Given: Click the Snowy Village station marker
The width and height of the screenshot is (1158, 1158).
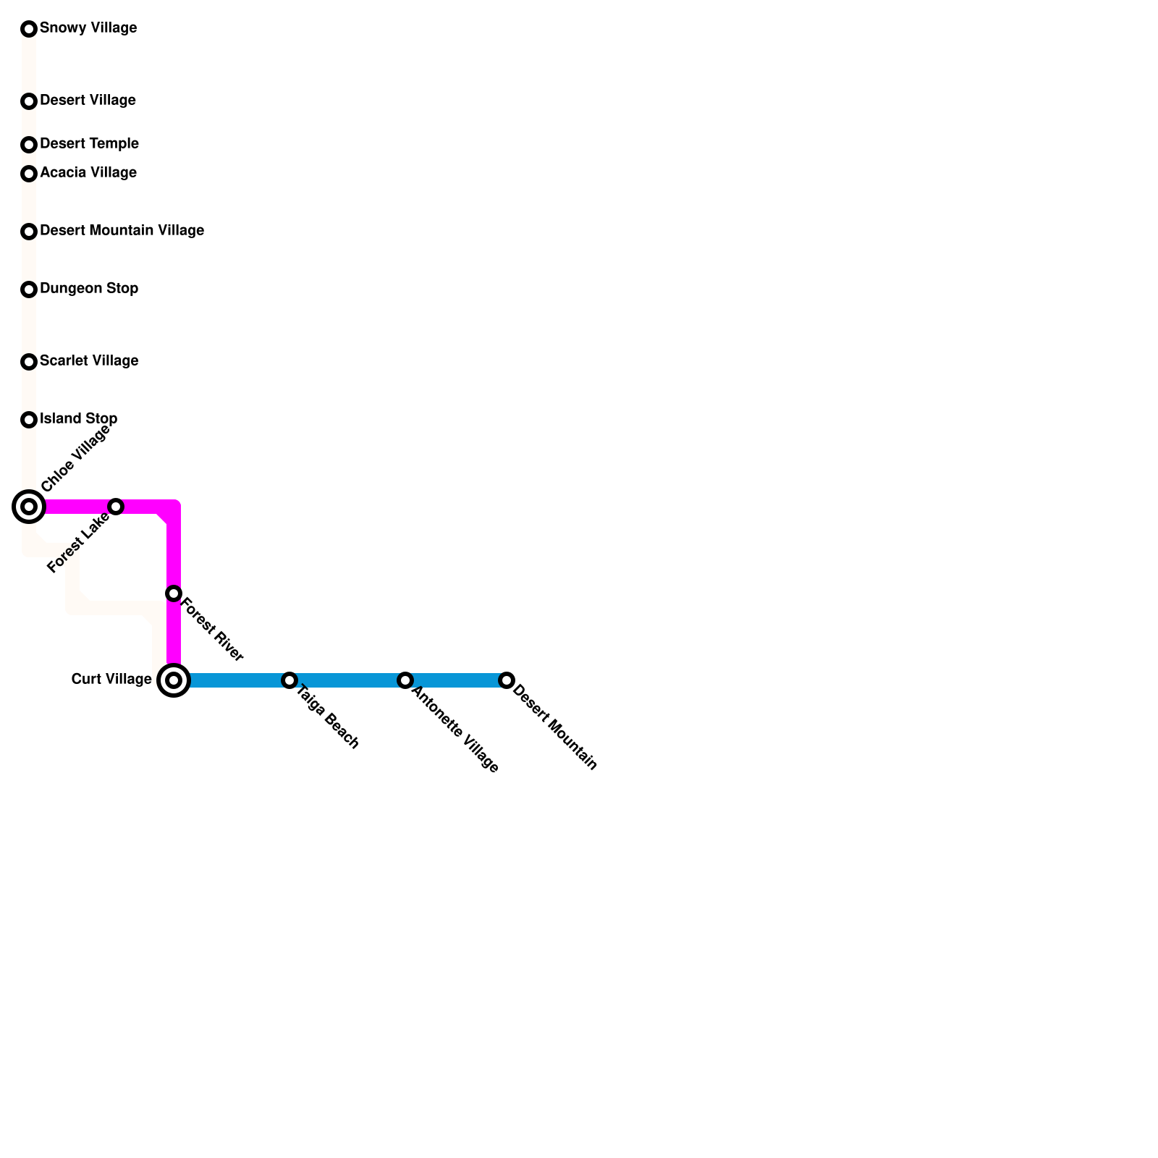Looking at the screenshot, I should tap(29, 29).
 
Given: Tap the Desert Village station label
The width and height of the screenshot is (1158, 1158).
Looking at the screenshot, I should tap(88, 101).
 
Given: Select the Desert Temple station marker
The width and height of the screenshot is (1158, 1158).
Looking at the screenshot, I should tap(29, 145).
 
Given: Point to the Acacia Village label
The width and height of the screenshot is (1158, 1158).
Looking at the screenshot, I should tap(88, 173).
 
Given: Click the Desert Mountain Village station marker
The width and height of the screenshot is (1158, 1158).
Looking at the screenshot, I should tap(29, 232).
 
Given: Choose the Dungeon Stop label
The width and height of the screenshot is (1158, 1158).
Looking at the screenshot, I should tap(89, 289).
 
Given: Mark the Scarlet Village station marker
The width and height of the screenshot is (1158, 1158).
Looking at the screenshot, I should tap(29, 362).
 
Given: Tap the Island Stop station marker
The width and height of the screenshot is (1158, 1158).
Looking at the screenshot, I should tap(29, 420).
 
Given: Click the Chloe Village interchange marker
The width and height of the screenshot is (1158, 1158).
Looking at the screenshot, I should tap(29, 507).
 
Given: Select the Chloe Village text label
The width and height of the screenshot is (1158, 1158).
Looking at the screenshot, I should tap(76, 458).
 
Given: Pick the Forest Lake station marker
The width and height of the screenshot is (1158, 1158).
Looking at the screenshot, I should tap(116, 507).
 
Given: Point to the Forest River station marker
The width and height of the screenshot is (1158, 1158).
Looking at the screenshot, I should tap(174, 593).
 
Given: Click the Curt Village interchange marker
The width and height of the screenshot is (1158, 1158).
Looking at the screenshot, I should tap(174, 680).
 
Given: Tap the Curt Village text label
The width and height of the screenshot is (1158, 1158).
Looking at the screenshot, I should tap(111, 680).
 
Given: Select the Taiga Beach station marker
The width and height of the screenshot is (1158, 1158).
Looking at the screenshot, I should tap(289, 680).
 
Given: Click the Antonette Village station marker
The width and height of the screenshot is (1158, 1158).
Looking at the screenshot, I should tap(405, 680).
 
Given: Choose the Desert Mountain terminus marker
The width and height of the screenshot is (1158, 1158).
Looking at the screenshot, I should tap(507, 680).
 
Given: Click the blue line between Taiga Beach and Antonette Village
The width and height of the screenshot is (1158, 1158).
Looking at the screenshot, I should tap(347, 680).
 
